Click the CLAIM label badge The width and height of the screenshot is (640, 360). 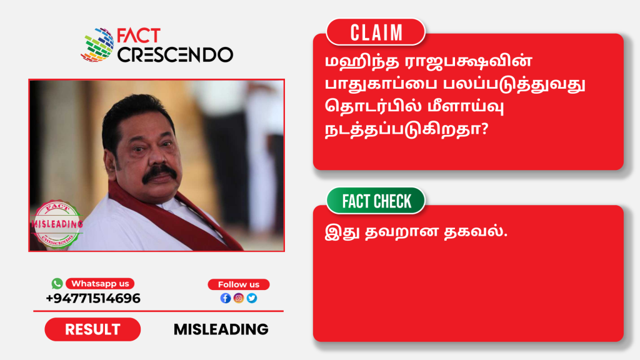click(x=376, y=32)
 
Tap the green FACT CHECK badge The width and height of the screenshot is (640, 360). click(x=376, y=201)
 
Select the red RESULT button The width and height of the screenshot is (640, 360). click(x=92, y=329)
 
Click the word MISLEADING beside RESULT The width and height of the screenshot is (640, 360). click(x=221, y=329)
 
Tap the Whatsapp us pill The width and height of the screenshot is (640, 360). click(x=100, y=284)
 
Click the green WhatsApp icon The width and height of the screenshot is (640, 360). click(x=57, y=283)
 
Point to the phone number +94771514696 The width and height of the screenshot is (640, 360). click(x=93, y=298)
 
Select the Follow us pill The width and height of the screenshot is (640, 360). click(x=238, y=284)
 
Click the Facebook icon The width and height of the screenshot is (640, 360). click(x=226, y=298)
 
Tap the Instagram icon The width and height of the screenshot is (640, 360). click(x=239, y=298)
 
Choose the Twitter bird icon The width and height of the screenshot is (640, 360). click(x=252, y=298)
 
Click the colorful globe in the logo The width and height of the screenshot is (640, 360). click(x=97, y=45)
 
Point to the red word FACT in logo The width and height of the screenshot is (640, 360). click(x=139, y=36)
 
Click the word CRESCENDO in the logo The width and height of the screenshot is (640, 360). click(x=176, y=54)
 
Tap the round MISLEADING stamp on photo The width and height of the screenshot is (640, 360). click(x=57, y=224)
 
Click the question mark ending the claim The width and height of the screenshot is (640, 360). click(x=484, y=129)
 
